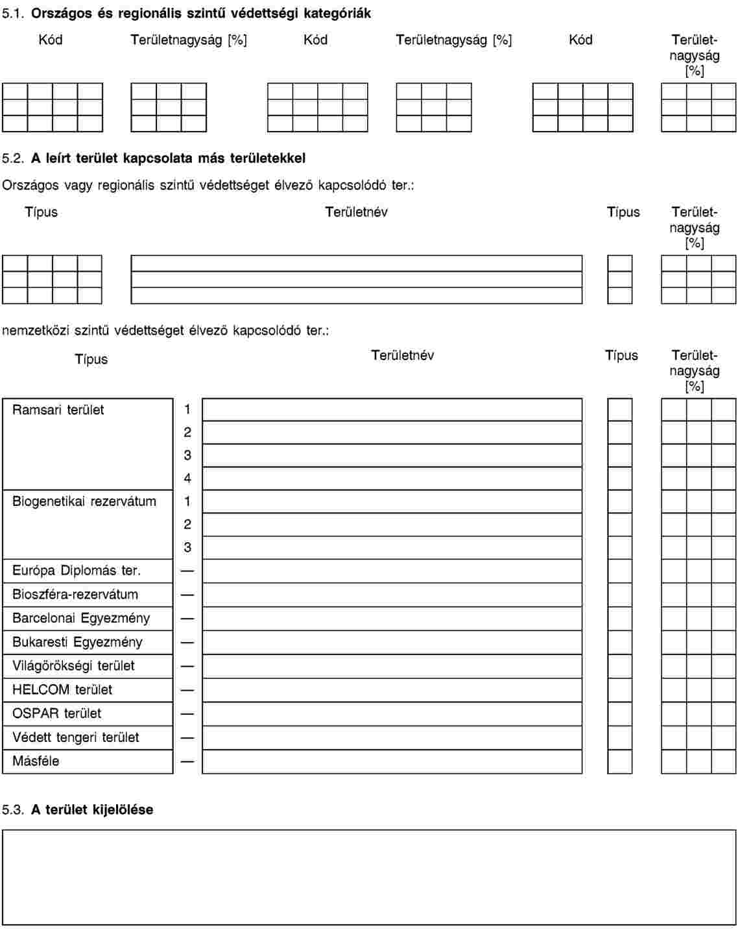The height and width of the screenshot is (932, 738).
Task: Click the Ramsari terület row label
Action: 58,410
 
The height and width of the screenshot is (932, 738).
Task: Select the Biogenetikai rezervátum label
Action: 84,501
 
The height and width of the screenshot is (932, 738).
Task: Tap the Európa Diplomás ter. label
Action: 76,571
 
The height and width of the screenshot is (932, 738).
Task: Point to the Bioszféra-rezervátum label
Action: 75,594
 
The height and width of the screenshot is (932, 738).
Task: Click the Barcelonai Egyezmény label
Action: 80,618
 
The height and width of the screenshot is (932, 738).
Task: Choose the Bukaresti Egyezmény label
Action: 77,642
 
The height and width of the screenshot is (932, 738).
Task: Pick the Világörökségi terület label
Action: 73,665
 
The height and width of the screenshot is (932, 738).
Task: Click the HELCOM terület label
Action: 62,689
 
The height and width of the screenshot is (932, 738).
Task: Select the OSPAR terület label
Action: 56,713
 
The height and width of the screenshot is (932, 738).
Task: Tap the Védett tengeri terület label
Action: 75,737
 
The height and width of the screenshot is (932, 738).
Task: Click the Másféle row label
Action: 36,761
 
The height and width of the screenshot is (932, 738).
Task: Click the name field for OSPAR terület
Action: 392,714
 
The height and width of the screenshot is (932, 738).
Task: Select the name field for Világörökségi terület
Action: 392,666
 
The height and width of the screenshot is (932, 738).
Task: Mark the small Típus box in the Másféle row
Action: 619,761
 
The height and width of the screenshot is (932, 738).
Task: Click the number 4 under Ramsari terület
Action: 187,479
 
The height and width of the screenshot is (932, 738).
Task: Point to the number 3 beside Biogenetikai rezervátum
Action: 187,547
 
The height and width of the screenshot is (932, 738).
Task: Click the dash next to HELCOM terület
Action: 187,690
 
